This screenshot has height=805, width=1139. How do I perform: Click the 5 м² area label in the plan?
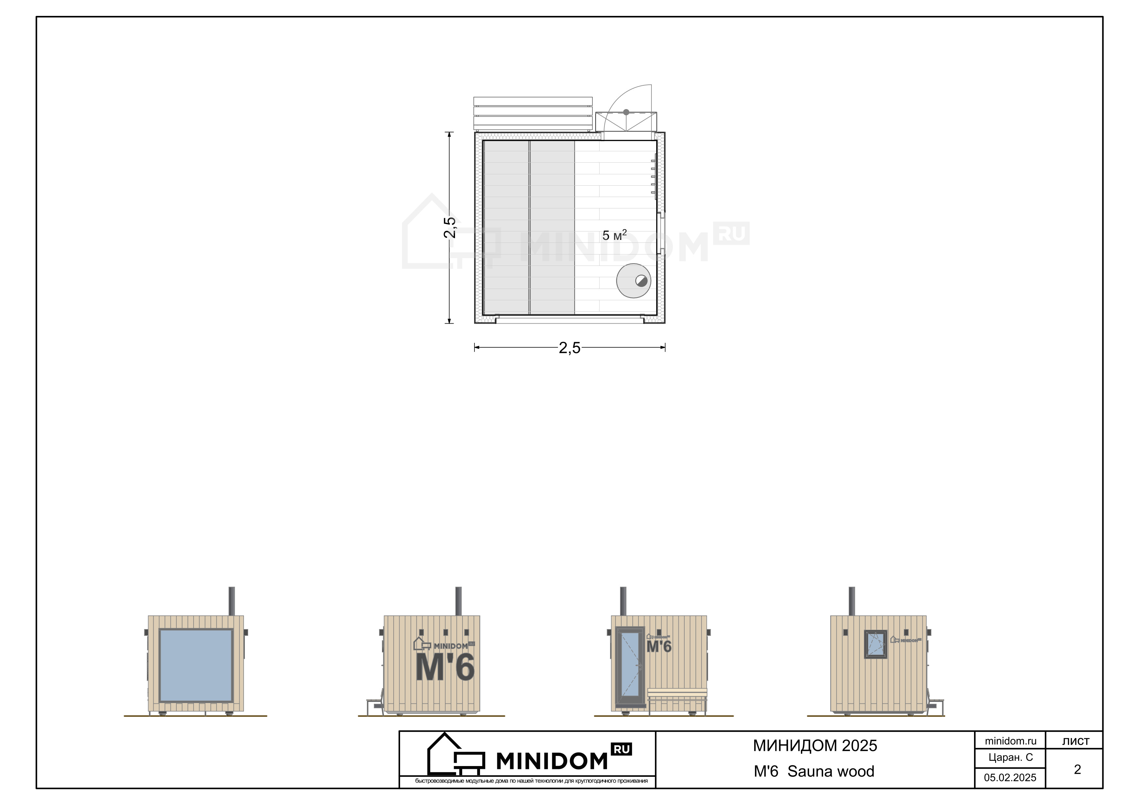614,235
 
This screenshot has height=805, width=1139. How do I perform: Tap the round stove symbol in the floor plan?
634,280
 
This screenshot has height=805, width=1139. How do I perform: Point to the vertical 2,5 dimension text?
449,228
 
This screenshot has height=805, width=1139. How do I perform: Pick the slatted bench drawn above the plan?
533,114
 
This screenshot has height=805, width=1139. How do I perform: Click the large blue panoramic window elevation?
196,665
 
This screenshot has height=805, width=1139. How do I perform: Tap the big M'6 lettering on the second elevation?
445,667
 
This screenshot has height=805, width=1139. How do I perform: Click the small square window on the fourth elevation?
876,644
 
